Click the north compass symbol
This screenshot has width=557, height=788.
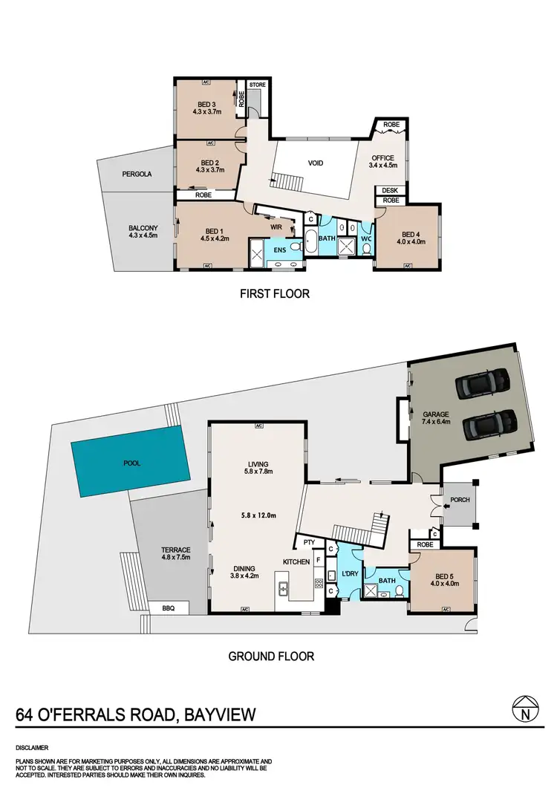(524, 712)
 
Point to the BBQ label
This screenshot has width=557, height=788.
(169, 608)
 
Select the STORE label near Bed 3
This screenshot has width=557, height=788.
(258, 85)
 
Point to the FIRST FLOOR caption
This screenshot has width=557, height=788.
(274, 294)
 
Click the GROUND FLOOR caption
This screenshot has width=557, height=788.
(270, 656)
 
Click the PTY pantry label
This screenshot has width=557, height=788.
(307, 542)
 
